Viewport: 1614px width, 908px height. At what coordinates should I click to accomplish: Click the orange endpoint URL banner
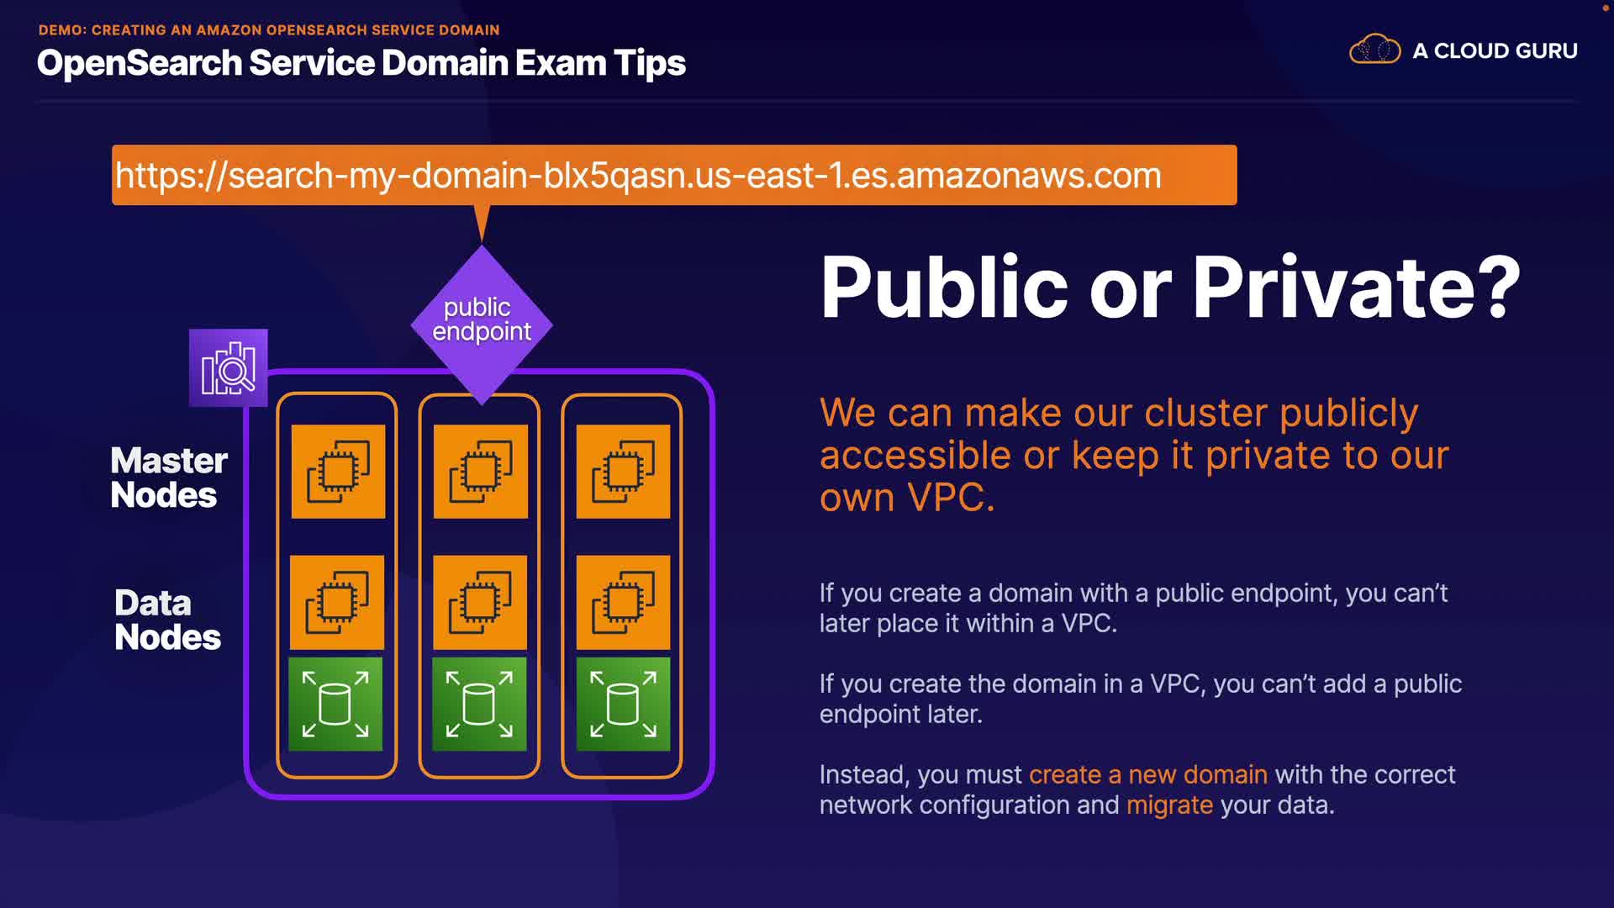click(674, 175)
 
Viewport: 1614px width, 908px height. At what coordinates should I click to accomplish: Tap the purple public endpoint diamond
click(482, 325)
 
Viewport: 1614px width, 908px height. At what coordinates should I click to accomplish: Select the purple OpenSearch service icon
click(229, 367)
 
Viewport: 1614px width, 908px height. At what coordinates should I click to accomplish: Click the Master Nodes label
click(169, 478)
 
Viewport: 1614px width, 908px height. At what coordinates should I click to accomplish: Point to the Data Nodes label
click(167, 620)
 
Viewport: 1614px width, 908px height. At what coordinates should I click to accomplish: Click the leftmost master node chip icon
click(338, 472)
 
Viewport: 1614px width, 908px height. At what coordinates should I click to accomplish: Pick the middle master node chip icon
click(481, 472)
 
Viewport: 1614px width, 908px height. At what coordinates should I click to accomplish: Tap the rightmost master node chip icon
click(623, 472)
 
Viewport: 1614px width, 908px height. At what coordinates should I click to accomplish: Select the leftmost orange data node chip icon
click(337, 602)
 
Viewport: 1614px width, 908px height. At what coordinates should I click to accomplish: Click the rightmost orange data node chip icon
click(623, 602)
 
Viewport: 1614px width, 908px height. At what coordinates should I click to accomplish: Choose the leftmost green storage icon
click(335, 704)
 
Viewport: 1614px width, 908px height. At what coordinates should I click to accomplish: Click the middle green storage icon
click(479, 704)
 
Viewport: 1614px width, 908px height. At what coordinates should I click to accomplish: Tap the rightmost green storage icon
click(623, 704)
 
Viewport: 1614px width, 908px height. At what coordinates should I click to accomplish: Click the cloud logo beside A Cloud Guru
click(1374, 50)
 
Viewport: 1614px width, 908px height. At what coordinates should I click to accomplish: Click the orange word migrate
click(1169, 805)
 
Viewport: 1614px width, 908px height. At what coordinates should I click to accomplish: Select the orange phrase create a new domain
click(1147, 774)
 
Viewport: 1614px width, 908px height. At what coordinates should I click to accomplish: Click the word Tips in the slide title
click(649, 64)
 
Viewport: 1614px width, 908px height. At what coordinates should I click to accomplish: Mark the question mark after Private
click(1502, 287)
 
